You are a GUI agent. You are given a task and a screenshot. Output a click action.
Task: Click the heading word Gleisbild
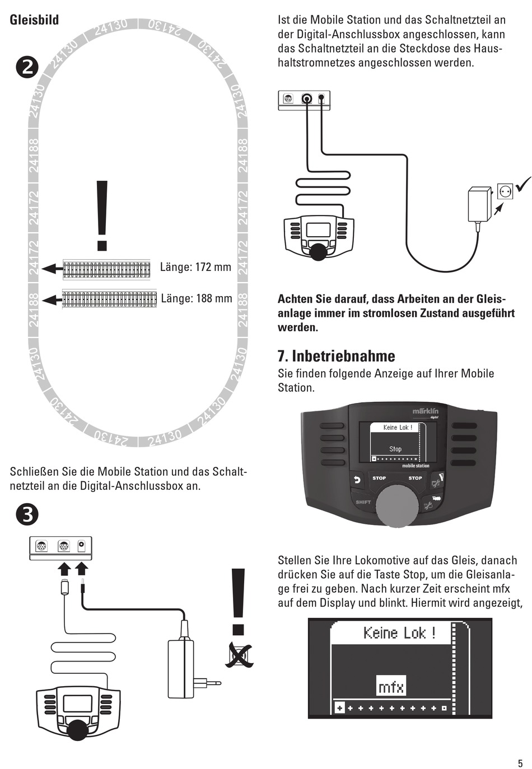[x=34, y=20]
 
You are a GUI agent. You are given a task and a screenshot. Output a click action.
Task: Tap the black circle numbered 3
[x=27, y=514]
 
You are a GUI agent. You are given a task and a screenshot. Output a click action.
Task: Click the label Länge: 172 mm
[x=195, y=267]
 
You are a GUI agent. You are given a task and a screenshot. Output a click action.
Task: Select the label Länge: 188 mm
[x=196, y=298]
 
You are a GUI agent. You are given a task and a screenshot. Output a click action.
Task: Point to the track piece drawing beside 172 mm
[x=106, y=269]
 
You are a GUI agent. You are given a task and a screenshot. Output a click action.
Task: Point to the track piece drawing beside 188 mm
[x=109, y=299]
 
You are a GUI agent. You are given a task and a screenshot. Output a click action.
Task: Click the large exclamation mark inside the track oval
[x=102, y=215]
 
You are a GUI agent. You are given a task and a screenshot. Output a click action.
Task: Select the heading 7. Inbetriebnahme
[x=336, y=356]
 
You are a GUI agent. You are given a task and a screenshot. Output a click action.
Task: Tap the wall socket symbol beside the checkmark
[x=505, y=192]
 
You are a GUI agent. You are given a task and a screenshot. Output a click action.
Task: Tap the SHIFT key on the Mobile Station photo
[x=363, y=502]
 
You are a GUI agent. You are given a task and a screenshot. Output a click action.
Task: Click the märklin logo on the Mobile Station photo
[x=425, y=411]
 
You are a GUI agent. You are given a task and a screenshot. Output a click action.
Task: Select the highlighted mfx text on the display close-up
[x=390, y=686]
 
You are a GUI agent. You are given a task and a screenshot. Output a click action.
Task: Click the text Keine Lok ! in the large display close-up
[x=399, y=633]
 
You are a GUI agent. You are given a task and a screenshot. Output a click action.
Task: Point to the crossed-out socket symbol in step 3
[x=239, y=655]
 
